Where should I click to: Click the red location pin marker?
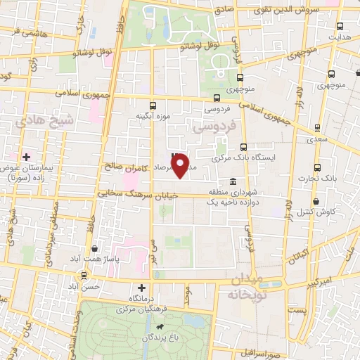click(x=181, y=165)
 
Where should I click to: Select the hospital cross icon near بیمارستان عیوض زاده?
click(x=27, y=156)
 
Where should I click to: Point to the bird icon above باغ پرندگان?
click(x=160, y=328)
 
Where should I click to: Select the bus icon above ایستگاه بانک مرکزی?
click(x=244, y=148)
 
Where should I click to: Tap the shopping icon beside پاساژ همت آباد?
click(x=95, y=247)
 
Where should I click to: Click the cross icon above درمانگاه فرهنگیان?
click(x=142, y=287)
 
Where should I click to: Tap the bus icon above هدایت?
click(x=340, y=26)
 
